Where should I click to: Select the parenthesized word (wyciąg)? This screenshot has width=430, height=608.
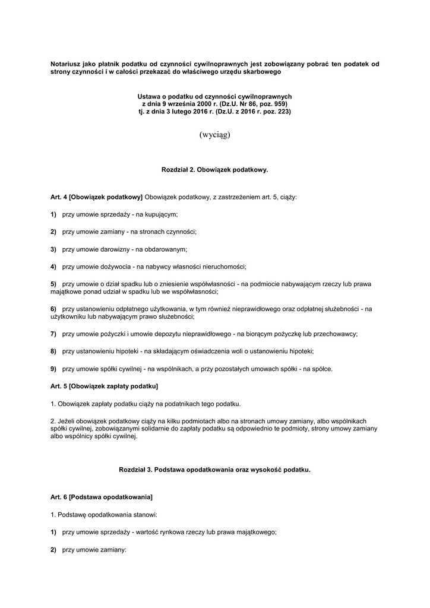click(x=214, y=134)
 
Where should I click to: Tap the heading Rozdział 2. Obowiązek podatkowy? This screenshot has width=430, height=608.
click(x=214, y=170)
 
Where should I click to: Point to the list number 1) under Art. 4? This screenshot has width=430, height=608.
click(x=53, y=214)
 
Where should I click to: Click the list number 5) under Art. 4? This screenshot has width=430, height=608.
click(x=53, y=285)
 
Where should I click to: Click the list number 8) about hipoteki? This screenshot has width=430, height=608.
click(x=53, y=351)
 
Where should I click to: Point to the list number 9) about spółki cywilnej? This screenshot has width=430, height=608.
click(x=53, y=369)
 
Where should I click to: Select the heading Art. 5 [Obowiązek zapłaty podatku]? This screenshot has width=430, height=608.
click(x=105, y=387)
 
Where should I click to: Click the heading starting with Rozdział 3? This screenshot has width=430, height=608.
click(x=214, y=469)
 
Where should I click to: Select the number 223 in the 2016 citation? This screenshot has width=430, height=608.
click(x=283, y=111)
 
